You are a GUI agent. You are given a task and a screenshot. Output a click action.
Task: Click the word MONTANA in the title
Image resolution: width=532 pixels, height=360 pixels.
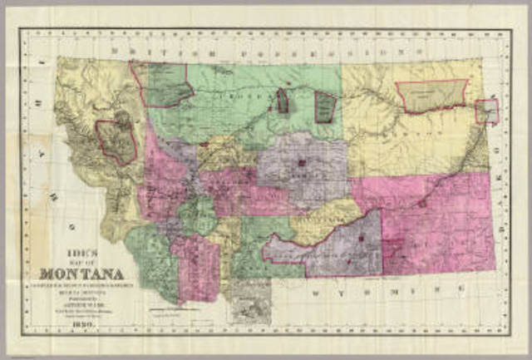coord(81,274)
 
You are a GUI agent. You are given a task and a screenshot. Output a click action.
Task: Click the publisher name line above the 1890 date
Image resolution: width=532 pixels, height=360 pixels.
coord(80,303)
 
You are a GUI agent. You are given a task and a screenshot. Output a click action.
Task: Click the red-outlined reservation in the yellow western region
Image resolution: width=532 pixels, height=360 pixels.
coord(117,141)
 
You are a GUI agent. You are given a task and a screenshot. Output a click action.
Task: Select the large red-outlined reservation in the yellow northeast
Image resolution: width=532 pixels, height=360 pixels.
coord(432,96)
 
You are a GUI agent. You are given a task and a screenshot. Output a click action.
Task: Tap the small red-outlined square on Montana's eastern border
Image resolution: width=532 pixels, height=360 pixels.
coord(487,111)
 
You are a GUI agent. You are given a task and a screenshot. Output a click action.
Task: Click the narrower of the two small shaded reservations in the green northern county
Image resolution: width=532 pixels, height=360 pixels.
coord(283,101)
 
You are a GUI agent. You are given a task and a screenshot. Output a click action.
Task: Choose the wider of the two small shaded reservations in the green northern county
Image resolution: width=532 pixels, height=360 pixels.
coord(325,107)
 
